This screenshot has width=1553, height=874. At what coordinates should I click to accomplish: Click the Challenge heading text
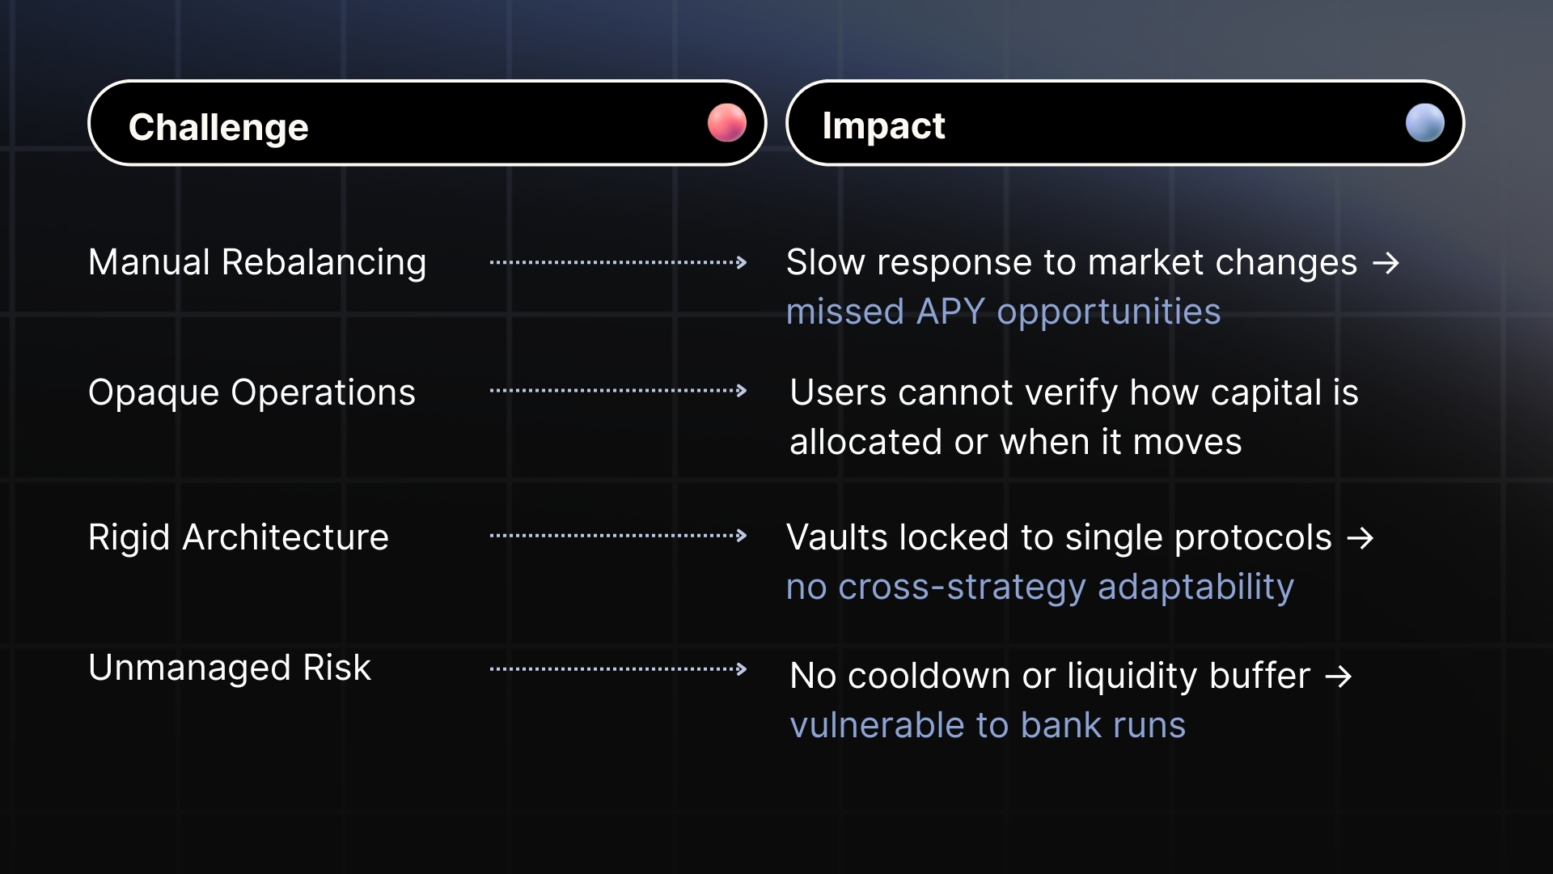point(218,127)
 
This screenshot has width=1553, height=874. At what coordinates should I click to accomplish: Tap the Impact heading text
point(883,125)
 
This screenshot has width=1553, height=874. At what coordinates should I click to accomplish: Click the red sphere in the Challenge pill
point(726,123)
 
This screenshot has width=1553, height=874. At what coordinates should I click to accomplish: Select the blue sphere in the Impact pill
point(1424,123)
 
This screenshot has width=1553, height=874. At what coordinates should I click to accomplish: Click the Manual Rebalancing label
point(257,262)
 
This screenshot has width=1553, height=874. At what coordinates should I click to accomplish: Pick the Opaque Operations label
point(252,392)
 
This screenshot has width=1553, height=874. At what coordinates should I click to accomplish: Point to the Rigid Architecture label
point(239,537)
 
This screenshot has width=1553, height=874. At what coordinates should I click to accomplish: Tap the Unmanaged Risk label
point(230,668)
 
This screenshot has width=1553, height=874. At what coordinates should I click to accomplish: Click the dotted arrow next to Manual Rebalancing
point(618,262)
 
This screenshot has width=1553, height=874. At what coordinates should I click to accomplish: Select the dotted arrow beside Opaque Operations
point(618,391)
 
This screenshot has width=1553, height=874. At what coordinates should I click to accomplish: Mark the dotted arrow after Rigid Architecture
point(618,536)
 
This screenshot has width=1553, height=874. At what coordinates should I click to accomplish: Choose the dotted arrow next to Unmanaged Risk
point(618,669)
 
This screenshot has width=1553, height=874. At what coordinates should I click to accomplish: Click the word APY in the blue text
point(950,312)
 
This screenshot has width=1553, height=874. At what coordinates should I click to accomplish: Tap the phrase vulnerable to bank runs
point(988,725)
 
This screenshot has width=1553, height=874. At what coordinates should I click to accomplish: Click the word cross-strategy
point(962,587)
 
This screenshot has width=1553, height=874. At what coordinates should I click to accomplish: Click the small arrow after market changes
point(1386,263)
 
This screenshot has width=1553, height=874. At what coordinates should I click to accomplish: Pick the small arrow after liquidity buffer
point(1339,677)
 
